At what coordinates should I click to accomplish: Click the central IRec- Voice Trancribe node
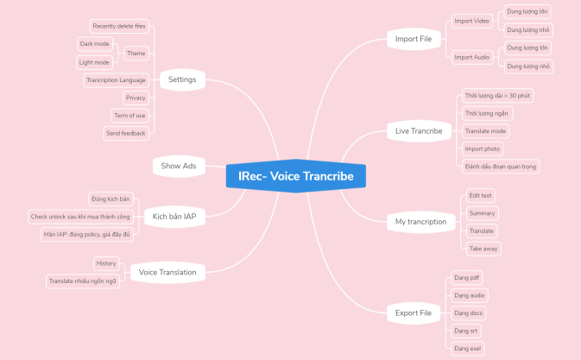296,177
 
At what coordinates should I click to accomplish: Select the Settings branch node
181,80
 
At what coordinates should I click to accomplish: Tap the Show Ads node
179,166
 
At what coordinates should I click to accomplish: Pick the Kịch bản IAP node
174,217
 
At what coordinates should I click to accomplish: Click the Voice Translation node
167,273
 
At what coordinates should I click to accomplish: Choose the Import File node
413,39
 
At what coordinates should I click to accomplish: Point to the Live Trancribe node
419,131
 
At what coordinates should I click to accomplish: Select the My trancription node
420,222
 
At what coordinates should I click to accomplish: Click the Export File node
414,313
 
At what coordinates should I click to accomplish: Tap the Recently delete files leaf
119,27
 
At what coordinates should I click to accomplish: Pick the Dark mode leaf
95,44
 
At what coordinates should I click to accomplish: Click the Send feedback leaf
126,134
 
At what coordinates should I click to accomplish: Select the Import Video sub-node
470,21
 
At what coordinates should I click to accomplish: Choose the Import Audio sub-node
470,57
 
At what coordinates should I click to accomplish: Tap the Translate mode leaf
486,131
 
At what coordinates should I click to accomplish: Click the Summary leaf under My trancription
482,213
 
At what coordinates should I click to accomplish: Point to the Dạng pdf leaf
467,278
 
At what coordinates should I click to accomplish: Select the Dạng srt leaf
466,331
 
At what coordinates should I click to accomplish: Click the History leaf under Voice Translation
106,263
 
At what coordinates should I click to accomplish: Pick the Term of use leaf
129,116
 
